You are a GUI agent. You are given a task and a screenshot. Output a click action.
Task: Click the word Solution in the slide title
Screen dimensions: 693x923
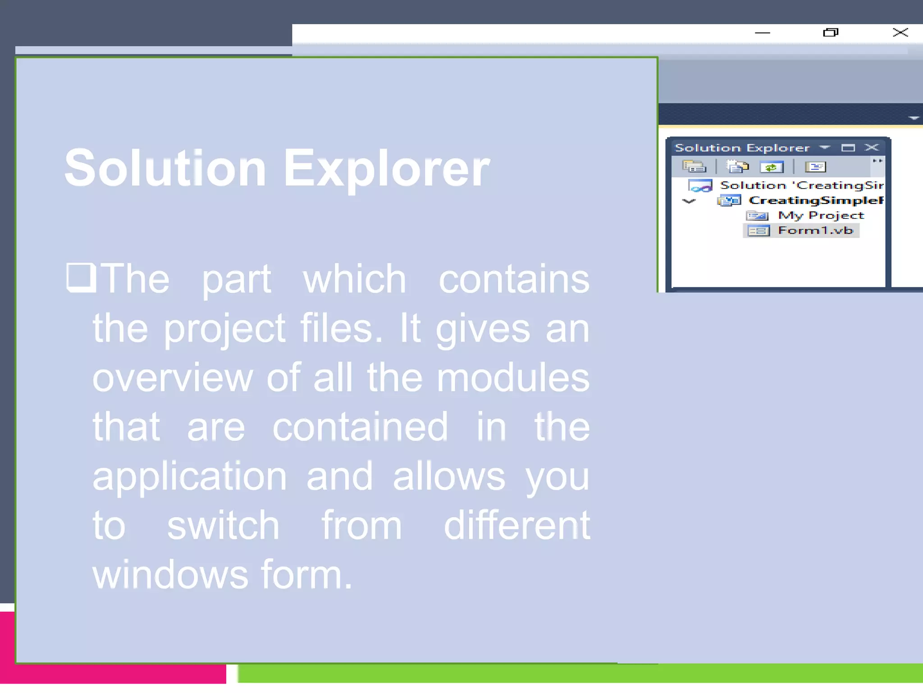point(165,168)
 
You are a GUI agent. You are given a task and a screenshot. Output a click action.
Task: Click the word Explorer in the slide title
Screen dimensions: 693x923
point(386,168)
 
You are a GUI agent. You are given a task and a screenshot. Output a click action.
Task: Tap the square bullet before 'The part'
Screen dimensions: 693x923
point(81,277)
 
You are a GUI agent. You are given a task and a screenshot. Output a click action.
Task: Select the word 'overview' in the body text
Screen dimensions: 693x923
point(172,378)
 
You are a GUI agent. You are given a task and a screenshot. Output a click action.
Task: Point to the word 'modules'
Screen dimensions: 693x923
point(513,378)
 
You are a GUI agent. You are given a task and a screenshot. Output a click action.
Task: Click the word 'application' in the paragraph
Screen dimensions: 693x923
point(189,476)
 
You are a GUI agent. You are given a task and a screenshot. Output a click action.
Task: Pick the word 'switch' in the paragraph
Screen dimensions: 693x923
point(223,526)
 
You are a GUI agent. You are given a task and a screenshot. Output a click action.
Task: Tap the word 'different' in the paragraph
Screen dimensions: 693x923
point(516,526)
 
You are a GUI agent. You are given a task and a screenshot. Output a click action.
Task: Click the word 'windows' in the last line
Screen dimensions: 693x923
point(170,575)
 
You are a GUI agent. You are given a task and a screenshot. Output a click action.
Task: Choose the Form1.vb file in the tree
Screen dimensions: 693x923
point(815,231)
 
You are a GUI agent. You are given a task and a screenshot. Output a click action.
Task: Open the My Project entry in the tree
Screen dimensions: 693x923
point(821,215)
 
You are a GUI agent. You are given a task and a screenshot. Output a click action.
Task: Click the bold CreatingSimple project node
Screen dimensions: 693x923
point(815,200)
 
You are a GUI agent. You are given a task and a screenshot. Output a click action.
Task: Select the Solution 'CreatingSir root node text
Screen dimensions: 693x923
point(801,185)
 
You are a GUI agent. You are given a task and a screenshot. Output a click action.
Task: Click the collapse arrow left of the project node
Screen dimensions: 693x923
point(689,201)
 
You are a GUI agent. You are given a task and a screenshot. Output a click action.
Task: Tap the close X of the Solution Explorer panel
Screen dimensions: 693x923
point(872,148)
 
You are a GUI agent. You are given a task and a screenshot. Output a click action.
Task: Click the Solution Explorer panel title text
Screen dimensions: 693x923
point(742,148)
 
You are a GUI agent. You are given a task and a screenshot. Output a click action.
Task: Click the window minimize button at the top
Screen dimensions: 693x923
point(762,33)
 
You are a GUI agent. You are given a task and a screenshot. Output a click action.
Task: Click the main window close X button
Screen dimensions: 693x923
point(900,32)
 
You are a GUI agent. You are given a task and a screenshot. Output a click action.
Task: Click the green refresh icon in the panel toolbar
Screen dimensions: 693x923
point(771,167)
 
